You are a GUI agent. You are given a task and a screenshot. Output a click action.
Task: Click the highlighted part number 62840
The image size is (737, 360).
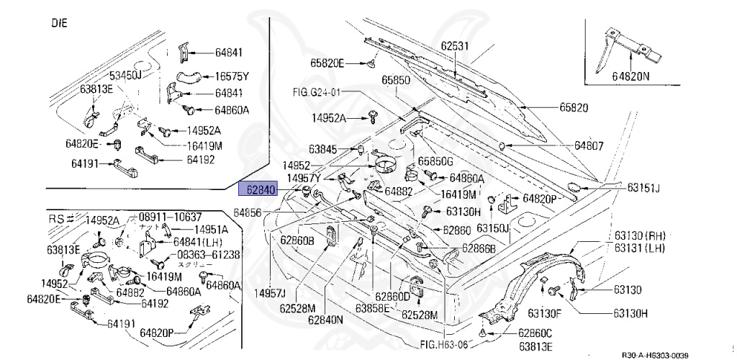261,191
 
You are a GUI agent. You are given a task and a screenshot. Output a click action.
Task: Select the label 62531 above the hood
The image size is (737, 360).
455,46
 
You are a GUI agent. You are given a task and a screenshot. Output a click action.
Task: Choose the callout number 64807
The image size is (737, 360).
589,145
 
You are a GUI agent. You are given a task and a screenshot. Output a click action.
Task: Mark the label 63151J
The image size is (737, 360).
643,188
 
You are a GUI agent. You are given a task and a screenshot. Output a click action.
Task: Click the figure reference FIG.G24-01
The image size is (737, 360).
316,92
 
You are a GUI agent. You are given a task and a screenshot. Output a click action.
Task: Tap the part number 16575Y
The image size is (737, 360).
231,76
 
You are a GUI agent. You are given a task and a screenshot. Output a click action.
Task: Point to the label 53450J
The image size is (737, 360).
126,75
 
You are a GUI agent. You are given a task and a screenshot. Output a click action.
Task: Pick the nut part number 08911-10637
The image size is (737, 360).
169,217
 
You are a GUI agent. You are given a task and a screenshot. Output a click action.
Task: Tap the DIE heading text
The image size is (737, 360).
59,23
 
